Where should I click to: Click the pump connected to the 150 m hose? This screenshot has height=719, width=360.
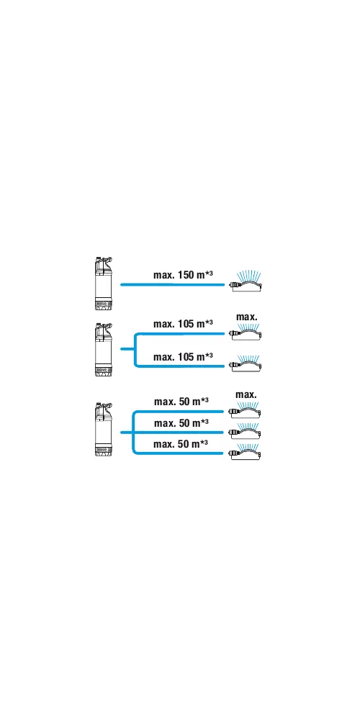(x=103, y=284)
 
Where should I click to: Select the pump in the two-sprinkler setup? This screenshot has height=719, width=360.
(x=103, y=349)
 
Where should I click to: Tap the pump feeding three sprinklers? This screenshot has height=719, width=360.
(x=103, y=429)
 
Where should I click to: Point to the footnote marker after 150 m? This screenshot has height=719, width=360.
(x=209, y=273)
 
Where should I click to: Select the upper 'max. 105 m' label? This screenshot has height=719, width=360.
(x=183, y=324)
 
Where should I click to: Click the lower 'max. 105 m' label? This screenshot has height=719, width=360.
(x=183, y=356)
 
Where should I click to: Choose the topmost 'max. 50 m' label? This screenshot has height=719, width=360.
(x=181, y=402)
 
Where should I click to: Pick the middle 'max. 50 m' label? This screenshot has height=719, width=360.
(x=181, y=422)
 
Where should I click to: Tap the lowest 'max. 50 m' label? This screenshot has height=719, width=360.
(x=181, y=443)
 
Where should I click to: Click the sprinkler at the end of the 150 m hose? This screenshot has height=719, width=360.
(x=246, y=282)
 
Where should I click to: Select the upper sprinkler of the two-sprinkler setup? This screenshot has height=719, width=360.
(x=246, y=332)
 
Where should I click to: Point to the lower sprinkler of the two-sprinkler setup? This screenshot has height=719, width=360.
(x=246, y=363)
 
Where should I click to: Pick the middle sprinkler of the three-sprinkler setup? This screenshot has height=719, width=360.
(x=246, y=430)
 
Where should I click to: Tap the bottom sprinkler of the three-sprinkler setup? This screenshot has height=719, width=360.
(x=246, y=451)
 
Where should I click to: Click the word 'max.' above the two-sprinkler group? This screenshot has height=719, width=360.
(x=247, y=317)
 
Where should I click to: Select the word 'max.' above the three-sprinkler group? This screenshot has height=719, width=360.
(x=246, y=395)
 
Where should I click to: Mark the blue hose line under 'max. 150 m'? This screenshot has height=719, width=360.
(x=172, y=285)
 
